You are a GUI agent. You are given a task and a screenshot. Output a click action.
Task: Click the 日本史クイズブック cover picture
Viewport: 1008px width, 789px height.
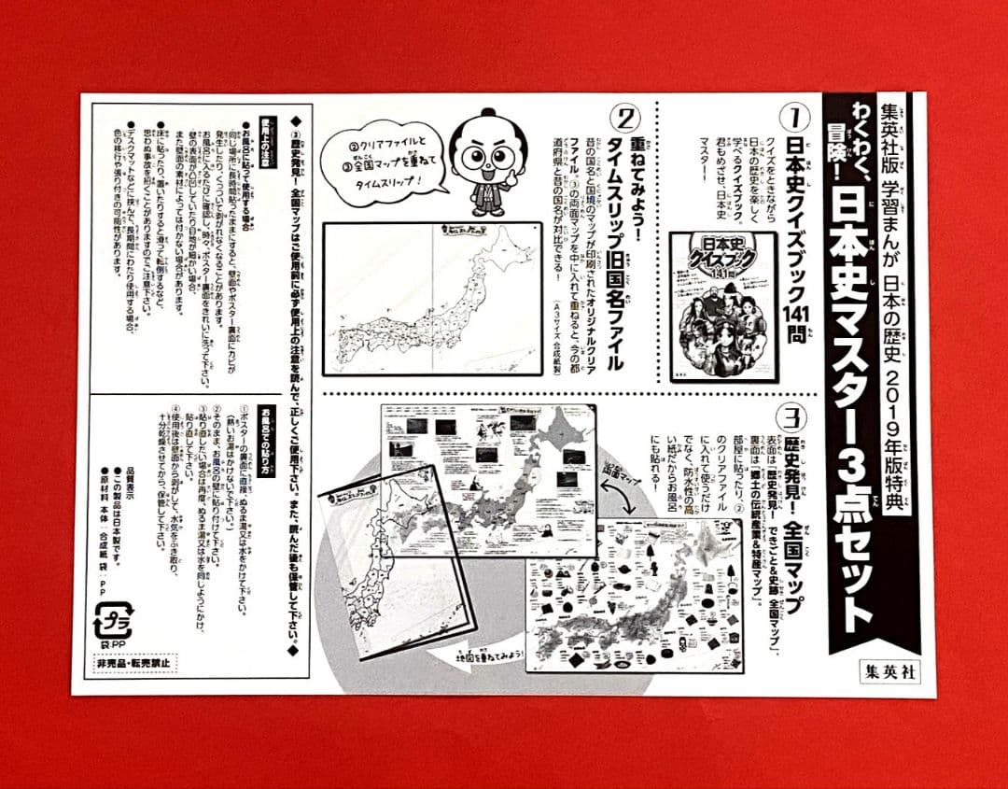tap(723, 305)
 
